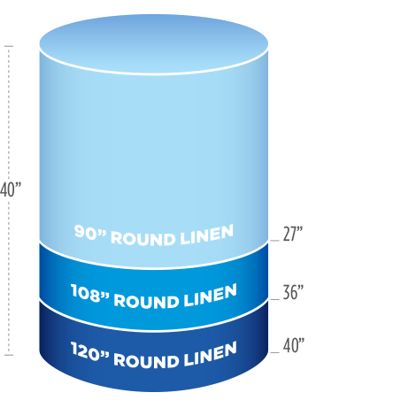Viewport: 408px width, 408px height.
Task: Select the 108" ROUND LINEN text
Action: (x=154, y=296)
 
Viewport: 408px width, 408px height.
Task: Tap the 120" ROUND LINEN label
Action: (x=154, y=354)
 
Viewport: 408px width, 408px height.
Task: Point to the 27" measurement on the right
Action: (x=293, y=234)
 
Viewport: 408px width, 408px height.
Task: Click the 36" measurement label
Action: (x=293, y=292)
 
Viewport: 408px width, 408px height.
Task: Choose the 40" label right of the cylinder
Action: (x=294, y=345)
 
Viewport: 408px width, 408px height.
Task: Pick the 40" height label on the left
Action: (x=11, y=189)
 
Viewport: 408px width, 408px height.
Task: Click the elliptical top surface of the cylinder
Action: (x=154, y=44)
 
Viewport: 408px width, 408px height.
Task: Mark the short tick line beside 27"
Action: (x=274, y=241)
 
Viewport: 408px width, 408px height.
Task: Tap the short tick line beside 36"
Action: (x=274, y=299)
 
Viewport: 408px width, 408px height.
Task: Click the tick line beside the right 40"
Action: (x=274, y=352)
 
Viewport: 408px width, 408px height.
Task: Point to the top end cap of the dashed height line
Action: (x=9, y=46)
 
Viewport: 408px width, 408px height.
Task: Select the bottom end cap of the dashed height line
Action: (x=9, y=355)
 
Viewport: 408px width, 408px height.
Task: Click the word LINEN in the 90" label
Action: (x=207, y=235)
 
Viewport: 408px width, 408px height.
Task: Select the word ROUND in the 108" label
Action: (x=146, y=301)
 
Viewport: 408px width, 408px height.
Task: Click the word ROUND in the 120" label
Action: (x=146, y=360)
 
